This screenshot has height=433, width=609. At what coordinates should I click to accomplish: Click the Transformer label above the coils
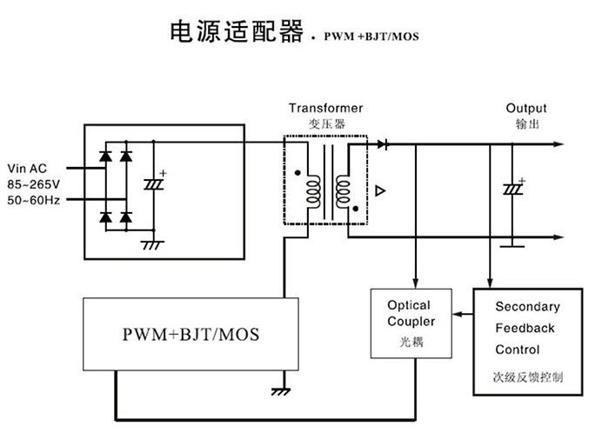pos(326,109)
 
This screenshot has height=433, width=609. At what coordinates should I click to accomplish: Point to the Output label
pos(526,109)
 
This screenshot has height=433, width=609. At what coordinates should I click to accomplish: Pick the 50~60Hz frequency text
pos(32,200)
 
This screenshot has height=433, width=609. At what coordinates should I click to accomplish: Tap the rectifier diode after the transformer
pos(383,143)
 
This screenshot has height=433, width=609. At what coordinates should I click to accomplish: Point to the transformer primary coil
pos(311,190)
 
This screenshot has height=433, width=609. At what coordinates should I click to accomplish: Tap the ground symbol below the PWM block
pos(280,391)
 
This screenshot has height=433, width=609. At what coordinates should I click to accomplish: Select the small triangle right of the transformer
pos(379,190)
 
